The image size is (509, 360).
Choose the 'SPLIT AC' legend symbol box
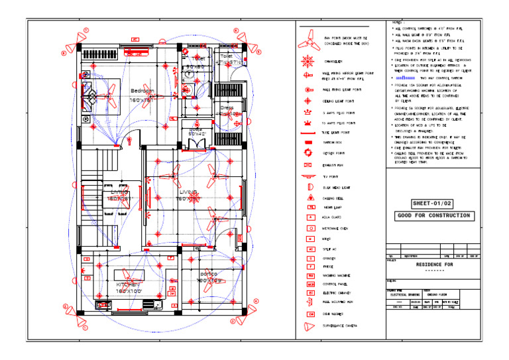click(310, 249)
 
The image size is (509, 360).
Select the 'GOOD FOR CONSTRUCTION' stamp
click(433, 215)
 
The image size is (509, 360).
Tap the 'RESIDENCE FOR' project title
click(433, 264)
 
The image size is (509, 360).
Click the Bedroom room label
click(142, 91)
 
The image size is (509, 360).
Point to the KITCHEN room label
click(127, 284)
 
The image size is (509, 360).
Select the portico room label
click(211, 273)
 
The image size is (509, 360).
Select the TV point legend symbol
click(309, 177)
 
